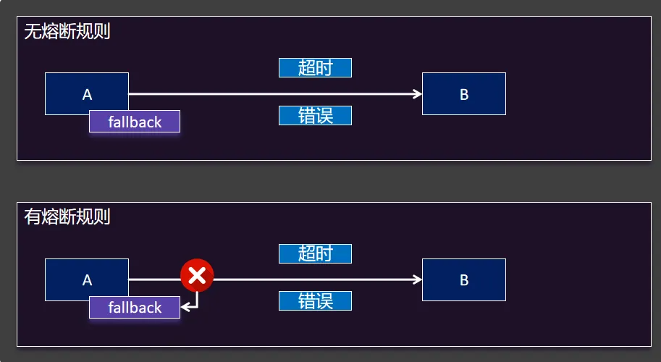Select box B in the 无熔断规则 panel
coord(464,93)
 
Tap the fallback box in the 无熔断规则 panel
coord(135,122)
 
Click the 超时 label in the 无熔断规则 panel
coord(315,68)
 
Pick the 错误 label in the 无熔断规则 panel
coord(315,115)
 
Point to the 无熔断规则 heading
coord(67,32)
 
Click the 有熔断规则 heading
coord(67,216)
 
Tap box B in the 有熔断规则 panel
coord(464,279)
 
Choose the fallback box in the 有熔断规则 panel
coord(135,307)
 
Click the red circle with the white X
coord(197,275)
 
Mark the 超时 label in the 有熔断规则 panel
coord(315,253)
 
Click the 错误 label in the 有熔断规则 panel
coord(315,300)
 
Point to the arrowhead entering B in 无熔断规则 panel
coord(418,93)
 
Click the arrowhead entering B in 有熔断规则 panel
coord(418,279)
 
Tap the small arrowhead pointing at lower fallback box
coord(185,307)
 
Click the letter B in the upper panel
coord(464,94)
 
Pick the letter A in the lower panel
coord(88,280)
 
